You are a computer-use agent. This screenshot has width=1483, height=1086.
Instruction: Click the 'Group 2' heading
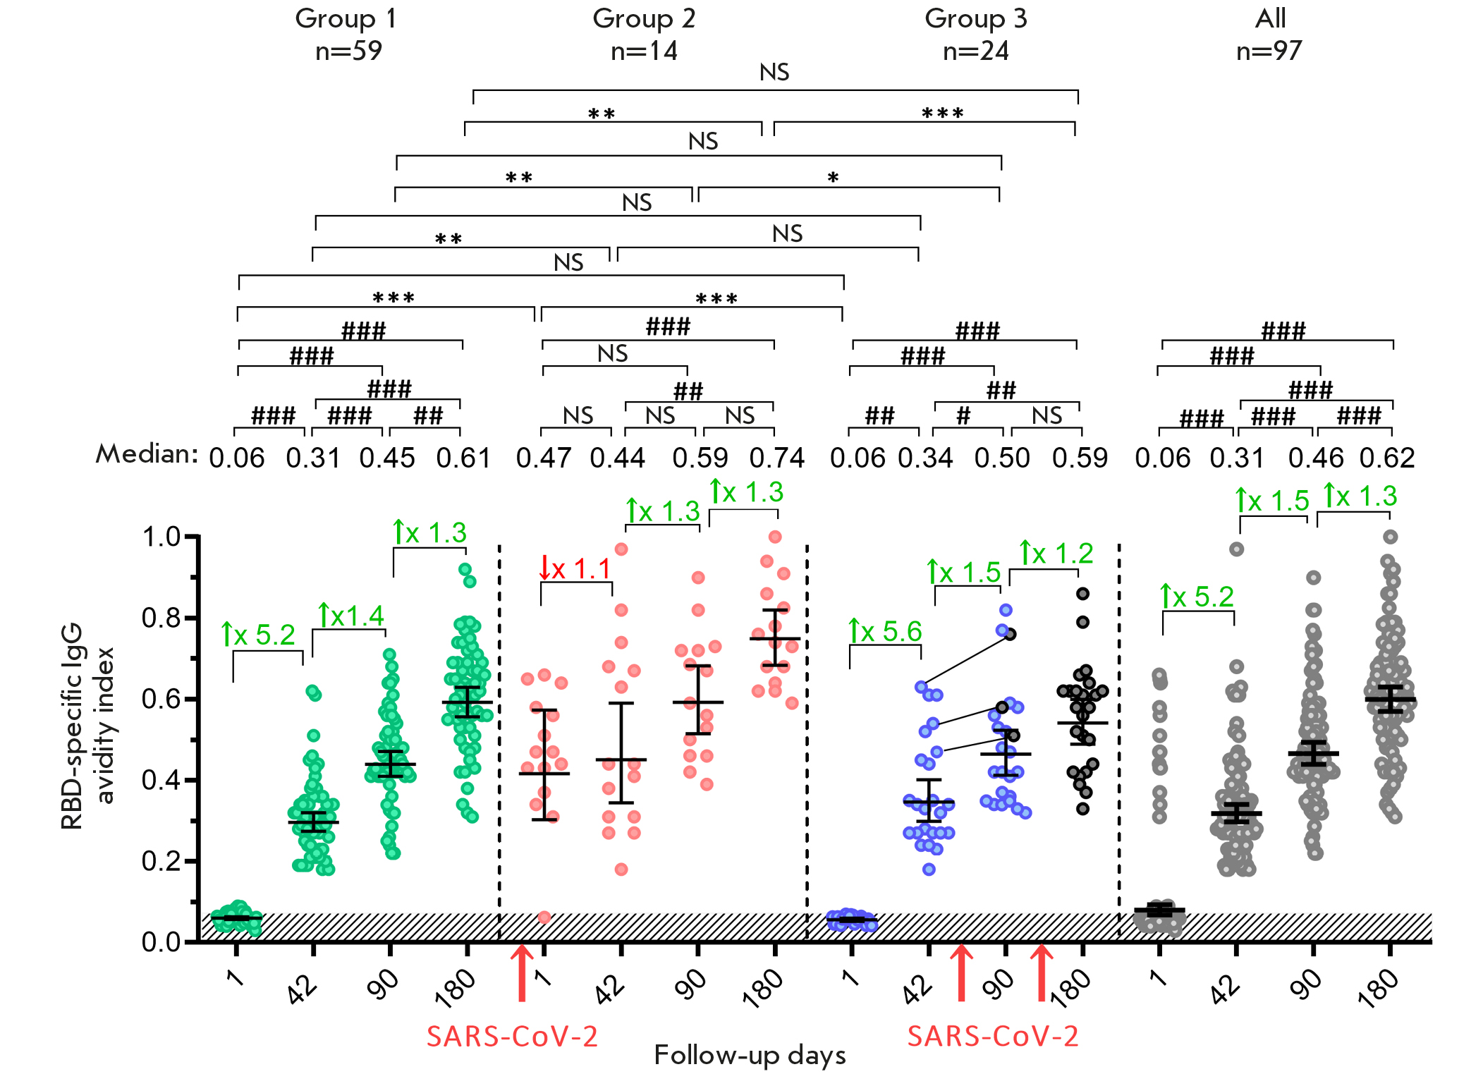pos(643,18)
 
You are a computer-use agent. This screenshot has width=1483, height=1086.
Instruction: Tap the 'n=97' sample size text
pos(1269,51)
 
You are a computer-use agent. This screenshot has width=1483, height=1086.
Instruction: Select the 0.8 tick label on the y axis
pos(161,618)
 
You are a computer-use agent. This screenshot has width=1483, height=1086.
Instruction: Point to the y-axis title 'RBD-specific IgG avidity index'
pos(87,726)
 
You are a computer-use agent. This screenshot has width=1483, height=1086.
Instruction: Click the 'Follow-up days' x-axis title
pos(750,1056)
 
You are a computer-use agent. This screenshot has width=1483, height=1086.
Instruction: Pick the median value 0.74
pos(776,458)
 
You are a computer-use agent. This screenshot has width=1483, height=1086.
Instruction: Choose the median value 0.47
pos(543,458)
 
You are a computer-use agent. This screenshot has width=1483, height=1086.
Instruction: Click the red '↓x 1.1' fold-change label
pos(574,568)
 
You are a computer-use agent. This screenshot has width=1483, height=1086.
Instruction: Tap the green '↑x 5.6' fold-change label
pos(885,631)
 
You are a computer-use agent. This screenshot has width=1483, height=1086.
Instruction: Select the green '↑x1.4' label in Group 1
pos(350,616)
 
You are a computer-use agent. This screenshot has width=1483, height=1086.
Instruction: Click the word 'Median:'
pos(147,454)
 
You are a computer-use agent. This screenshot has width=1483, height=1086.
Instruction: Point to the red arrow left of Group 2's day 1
pos(522,973)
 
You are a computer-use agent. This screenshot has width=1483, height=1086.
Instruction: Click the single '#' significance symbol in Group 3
pos(963,416)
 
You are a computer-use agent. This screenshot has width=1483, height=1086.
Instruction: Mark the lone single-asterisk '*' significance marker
pos(833,178)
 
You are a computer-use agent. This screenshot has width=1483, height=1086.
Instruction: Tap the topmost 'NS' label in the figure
pos(774,73)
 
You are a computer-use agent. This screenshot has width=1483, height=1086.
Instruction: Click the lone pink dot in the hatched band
pos(544,917)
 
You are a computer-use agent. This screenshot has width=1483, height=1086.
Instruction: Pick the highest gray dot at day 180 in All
pos(1390,537)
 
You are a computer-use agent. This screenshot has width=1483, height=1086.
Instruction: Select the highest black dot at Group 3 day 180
pos(1083,594)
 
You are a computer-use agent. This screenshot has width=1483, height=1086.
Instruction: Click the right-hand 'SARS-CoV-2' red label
pos(992,1037)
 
